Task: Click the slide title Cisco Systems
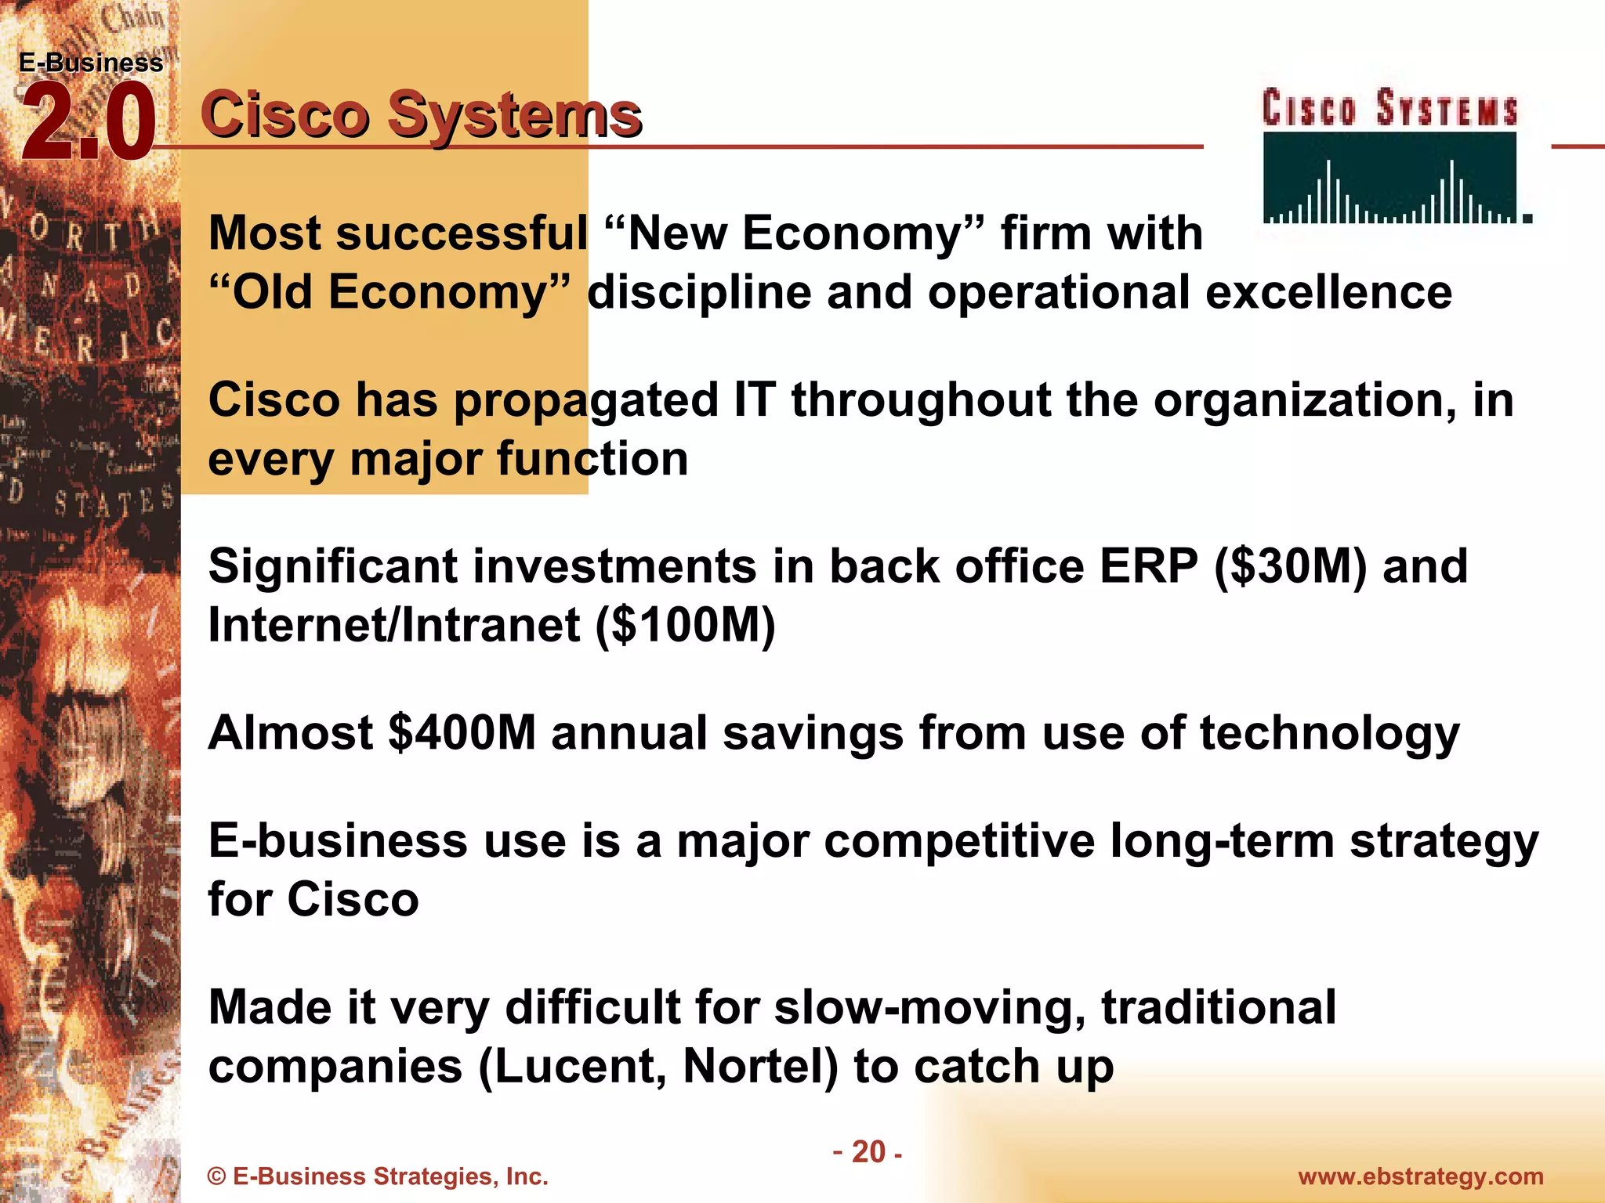click(x=421, y=115)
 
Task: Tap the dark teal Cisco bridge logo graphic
click(x=1390, y=178)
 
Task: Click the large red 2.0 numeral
click(x=88, y=124)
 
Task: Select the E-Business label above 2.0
click(x=91, y=63)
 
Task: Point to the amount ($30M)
click(x=1290, y=567)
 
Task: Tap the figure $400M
click(x=462, y=733)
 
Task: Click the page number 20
click(x=868, y=1152)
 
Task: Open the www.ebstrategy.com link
click(x=1420, y=1177)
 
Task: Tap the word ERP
click(x=1148, y=567)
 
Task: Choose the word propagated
click(x=585, y=401)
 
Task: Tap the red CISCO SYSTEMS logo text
click(x=1389, y=109)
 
